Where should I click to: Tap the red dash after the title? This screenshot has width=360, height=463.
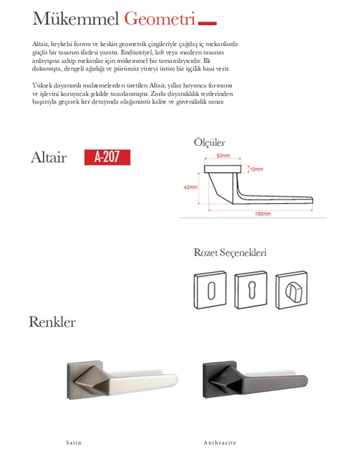(207, 23)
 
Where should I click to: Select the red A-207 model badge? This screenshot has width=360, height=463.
(107, 157)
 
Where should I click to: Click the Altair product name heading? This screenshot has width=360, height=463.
(48, 157)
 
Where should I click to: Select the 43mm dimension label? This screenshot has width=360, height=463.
(190, 187)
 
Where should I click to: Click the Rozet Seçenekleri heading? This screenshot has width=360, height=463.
(230, 253)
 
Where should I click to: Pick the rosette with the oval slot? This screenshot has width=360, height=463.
(211, 291)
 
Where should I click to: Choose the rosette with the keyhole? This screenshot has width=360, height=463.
(250, 291)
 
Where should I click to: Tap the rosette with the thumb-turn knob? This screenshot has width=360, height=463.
(291, 291)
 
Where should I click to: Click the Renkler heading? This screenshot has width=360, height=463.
(52, 322)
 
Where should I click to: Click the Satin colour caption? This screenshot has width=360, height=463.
(74, 442)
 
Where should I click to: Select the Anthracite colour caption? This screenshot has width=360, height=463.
(220, 442)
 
